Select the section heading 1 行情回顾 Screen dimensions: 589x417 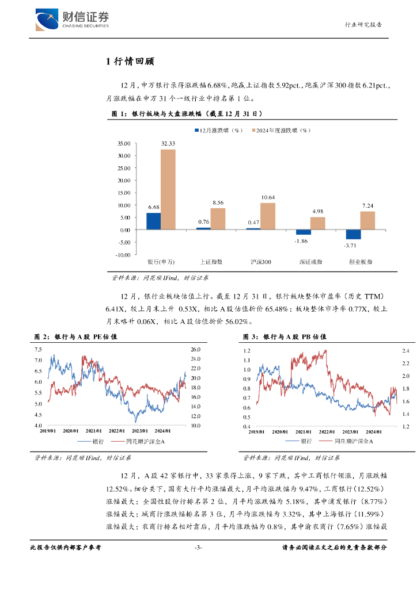click(x=130, y=62)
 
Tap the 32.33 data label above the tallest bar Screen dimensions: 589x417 click(x=168, y=143)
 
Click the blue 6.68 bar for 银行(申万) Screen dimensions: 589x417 click(x=153, y=221)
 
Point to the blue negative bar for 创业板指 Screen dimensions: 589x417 click(x=353, y=234)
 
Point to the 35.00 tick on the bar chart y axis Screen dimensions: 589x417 click(x=124, y=143)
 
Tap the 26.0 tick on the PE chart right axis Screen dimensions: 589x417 click(x=194, y=349)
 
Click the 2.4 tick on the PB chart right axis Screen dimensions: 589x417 click(x=405, y=351)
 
